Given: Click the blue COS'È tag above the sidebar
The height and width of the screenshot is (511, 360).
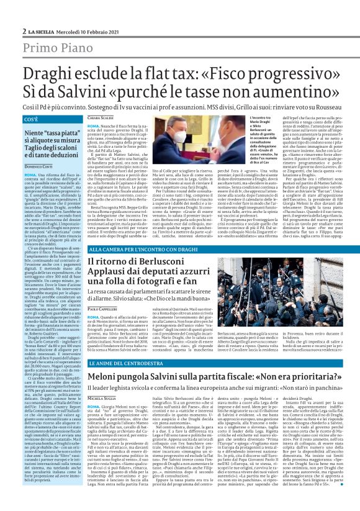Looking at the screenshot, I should coord(31,119).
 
